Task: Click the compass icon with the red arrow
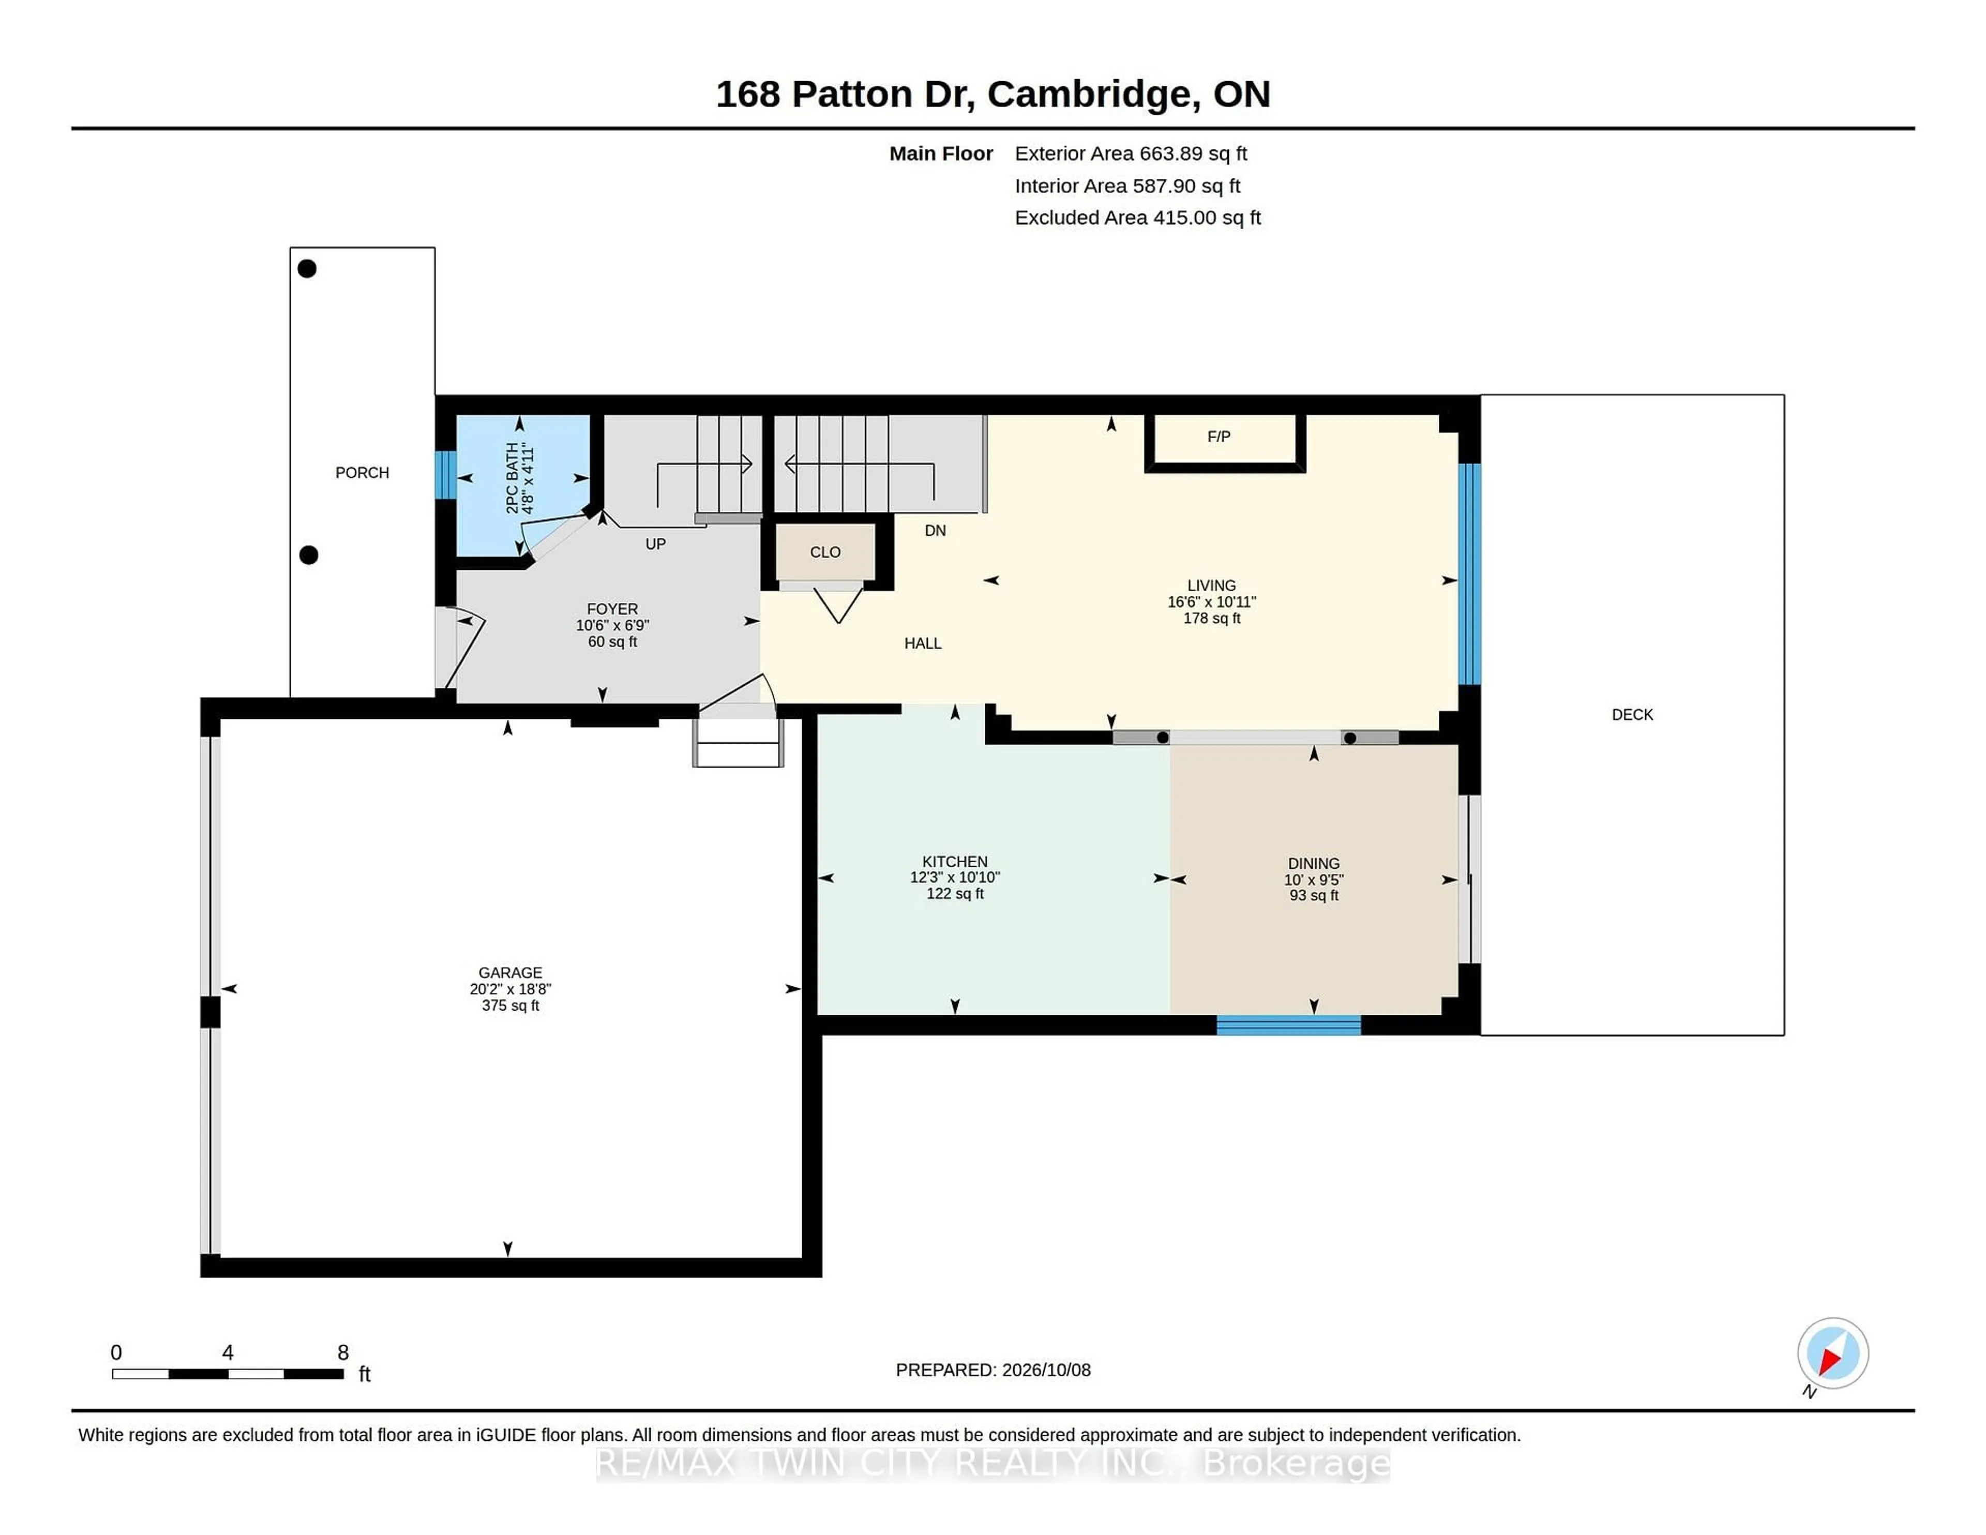click(x=1832, y=1353)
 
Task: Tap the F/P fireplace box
click(x=1225, y=443)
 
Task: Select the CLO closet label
click(x=825, y=552)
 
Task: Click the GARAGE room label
click(x=510, y=972)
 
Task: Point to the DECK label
click(x=1632, y=715)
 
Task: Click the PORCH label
click(x=362, y=473)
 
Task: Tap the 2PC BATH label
click(x=513, y=478)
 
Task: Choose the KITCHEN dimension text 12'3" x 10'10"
click(x=955, y=878)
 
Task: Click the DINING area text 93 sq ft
click(x=1314, y=896)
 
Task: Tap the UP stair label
click(x=656, y=544)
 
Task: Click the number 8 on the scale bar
click(x=343, y=1352)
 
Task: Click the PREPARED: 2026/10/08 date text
click(x=993, y=1370)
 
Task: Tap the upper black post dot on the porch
click(x=307, y=268)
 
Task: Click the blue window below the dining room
click(x=1288, y=1025)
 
